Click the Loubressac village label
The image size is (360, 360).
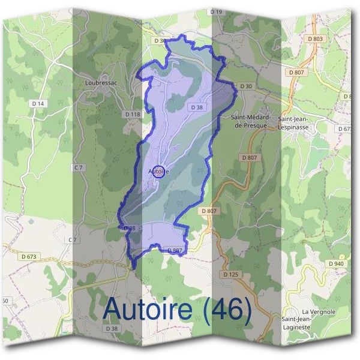coord(100,82)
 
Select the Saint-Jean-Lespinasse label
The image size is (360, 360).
coord(298,124)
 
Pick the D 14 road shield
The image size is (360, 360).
coord(38,103)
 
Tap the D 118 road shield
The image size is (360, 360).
coord(132,113)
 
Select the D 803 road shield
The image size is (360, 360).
coord(316,39)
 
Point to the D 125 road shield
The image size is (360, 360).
coord(231,274)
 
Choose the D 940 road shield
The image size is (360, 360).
coord(336,263)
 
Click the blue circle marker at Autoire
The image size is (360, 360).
coord(158,172)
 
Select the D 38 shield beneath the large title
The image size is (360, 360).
coord(112,329)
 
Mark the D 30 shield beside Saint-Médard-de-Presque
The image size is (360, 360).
coord(246,86)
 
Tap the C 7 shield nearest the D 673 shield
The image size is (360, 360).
coord(73,240)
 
